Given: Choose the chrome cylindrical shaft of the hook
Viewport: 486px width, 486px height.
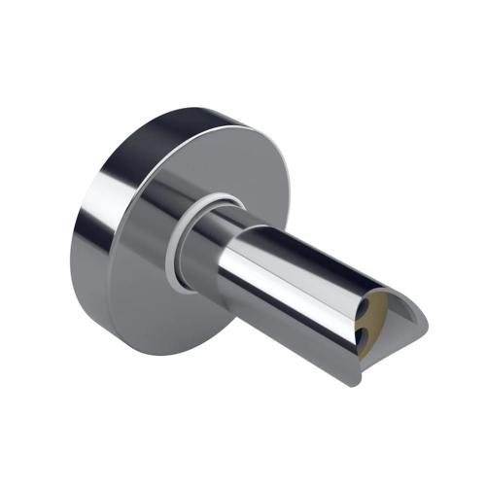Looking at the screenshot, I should coord(301,282).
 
